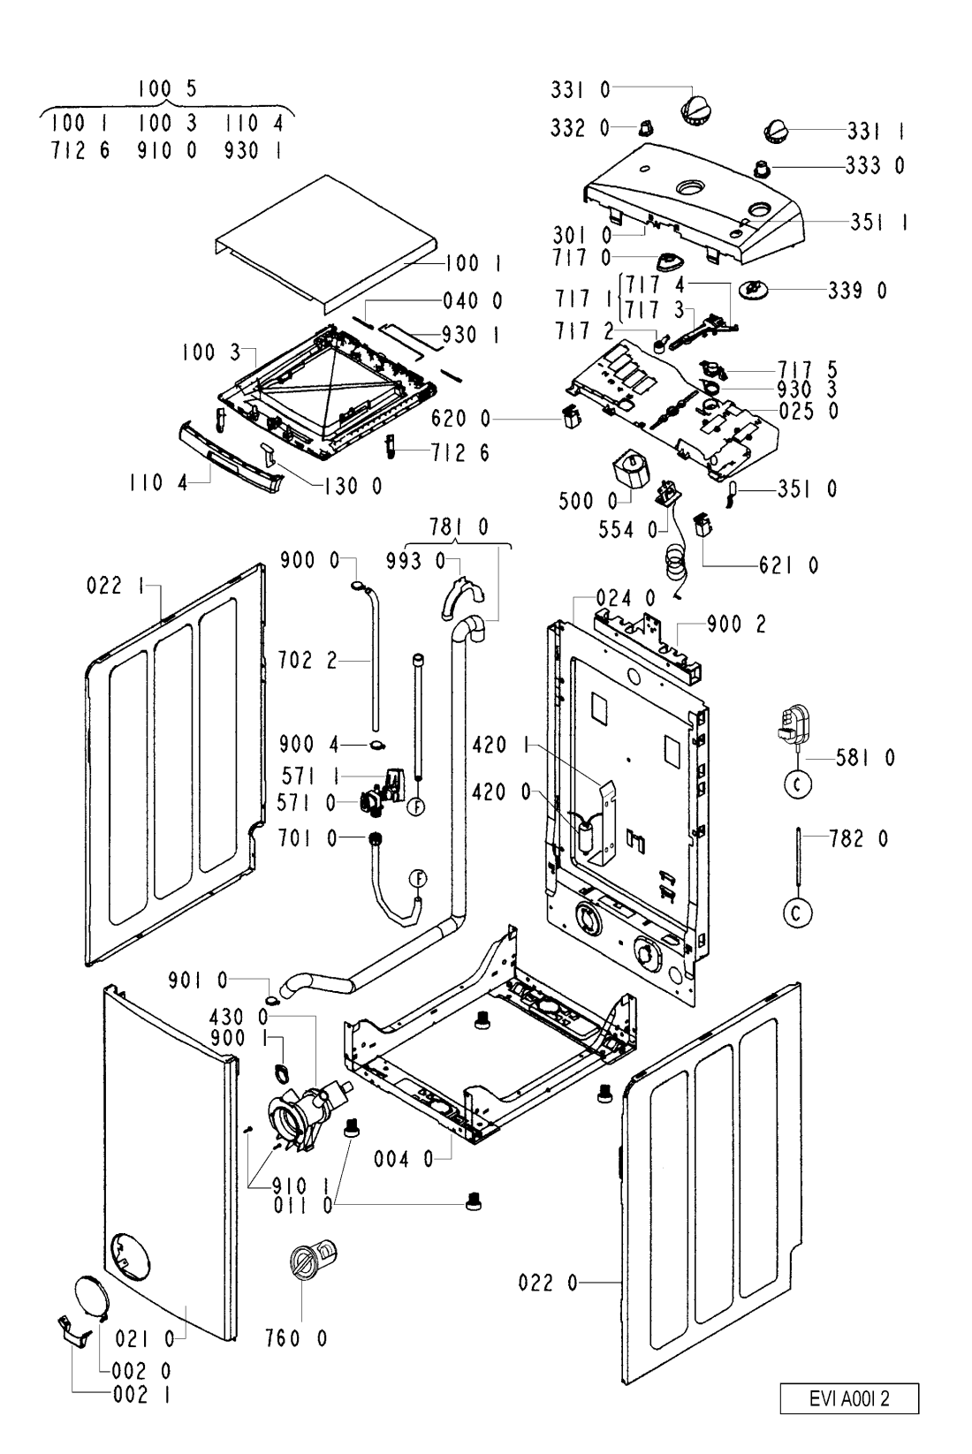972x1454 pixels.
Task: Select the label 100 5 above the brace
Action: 166,88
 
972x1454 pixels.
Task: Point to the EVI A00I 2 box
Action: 849,1400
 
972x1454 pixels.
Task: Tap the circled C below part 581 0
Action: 798,785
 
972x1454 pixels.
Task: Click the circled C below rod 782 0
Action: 798,914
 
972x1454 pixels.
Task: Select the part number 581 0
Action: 866,757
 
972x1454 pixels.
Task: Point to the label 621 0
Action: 788,565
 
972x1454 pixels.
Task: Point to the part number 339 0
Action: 858,291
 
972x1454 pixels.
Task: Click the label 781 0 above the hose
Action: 459,528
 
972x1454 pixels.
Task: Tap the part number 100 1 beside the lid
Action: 474,263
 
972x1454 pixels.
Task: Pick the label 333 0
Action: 875,165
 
